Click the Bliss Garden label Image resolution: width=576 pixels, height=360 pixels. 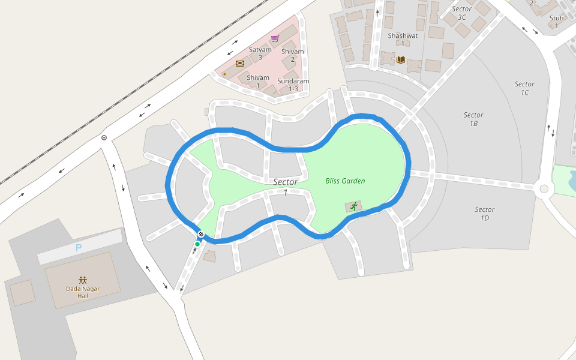tap(345, 181)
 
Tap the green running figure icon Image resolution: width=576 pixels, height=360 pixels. tap(353, 206)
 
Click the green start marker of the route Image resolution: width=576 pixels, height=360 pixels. tap(197, 244)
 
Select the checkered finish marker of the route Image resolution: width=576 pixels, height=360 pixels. tap(201, 235)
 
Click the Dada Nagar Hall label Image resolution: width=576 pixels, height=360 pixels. tap(83, 292)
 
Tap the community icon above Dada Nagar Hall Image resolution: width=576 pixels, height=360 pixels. tap(83, 280)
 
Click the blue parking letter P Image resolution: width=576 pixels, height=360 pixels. tap(78, 248)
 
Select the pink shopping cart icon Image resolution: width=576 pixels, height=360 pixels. tap(275, 38)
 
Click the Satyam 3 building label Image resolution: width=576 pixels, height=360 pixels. tap(260, 53)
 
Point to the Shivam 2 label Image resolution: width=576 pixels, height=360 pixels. tap(292, 55)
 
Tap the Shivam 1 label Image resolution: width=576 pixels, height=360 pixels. tap(258, 82)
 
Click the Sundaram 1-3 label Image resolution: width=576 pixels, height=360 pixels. tap(293, 85)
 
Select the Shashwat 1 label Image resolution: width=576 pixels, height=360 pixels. tap(403, 40)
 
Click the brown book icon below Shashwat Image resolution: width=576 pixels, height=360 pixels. tap(401, 59)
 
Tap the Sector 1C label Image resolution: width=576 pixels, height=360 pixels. tap(524, 88)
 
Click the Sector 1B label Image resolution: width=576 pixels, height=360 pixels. tap(473, 119)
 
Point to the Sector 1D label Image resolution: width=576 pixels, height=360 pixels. tap(484, 214)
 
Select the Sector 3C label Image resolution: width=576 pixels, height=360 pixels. tap(461, 13)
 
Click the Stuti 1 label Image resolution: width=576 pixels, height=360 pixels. tap(556, 22)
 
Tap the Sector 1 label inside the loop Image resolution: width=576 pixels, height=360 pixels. tap(286, 187)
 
